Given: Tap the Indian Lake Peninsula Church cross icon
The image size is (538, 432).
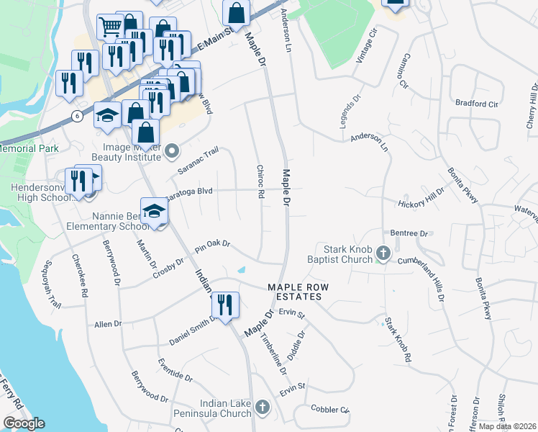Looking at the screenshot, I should click(263, 408).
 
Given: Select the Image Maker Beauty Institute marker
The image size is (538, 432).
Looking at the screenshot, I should click(172, 151).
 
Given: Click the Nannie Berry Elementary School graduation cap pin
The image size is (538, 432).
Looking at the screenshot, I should click(153, 211).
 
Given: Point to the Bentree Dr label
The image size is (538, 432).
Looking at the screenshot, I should click(409, 233).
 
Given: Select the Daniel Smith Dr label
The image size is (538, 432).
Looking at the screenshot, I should click(193, 330).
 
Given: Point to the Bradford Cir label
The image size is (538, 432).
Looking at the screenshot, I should click(477, 104).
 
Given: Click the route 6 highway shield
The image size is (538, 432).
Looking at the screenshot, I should click(76, 116).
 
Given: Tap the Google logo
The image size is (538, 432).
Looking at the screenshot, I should click(24, 423).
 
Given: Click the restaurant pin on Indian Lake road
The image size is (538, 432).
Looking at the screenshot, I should click(227, 305).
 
